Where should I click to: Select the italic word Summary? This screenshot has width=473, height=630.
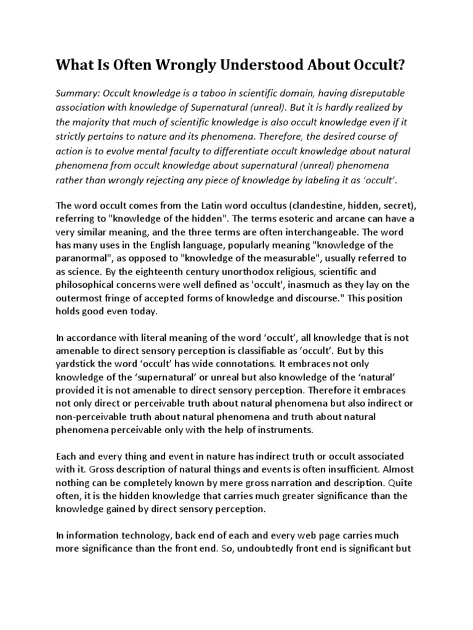pyautogui.click(x=76, y=92)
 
